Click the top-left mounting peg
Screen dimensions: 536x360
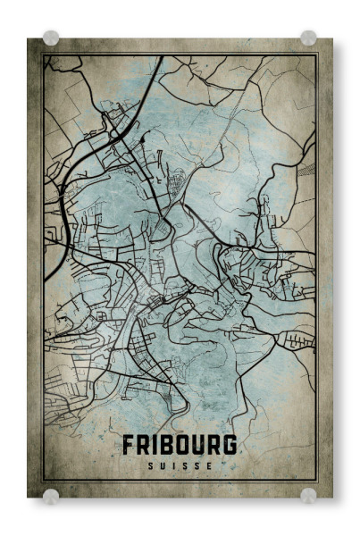[x=51, y=38]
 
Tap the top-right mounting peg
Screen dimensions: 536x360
[x=308, y=38]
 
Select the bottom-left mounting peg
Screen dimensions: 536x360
[x=51, y=496]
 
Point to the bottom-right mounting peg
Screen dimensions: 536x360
[x=308, y=496]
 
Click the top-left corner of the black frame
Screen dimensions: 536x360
[x=43, y=54]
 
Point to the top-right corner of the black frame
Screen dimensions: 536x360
[x=317, y=54]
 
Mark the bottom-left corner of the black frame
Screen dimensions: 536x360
[x=43, y=482]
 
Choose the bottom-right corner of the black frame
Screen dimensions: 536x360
[x=317, y=482]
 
